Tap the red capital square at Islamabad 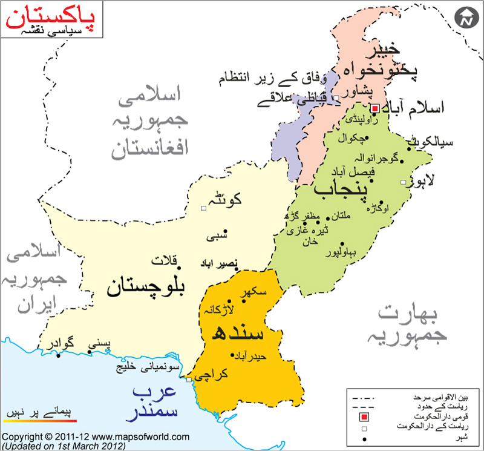374,108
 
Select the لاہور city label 423,180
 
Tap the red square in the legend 364,418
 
